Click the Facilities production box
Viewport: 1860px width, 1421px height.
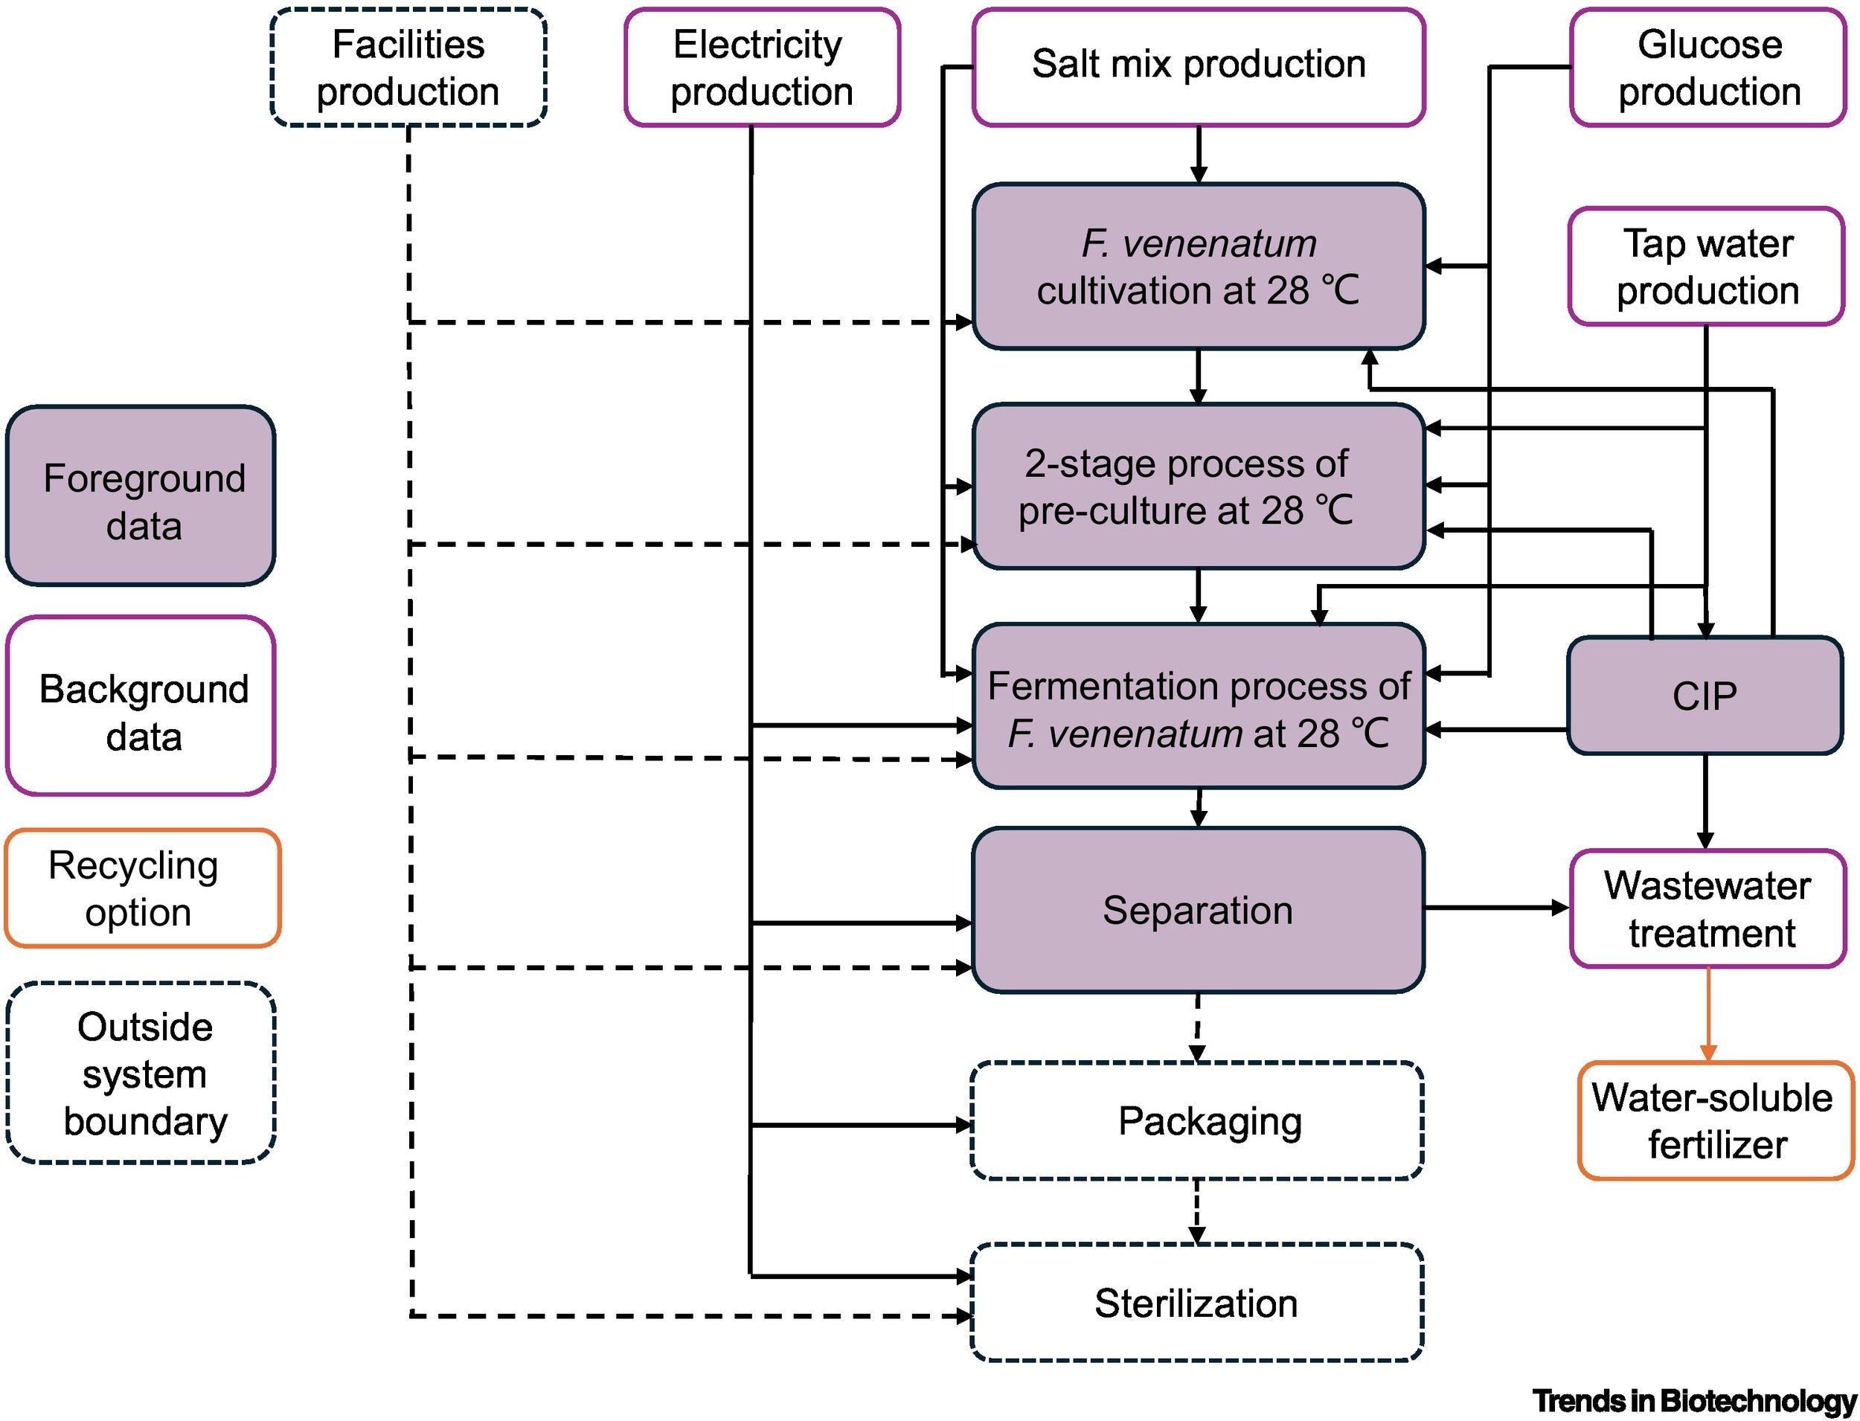tap(408, 68)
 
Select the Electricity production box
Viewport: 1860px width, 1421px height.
tap(761, 68)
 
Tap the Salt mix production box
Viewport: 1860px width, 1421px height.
tap(1198, 66)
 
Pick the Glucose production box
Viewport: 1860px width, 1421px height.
tap(1707, 68)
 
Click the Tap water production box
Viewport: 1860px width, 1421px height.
tap(1706, 266)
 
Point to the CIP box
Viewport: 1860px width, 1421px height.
tap(1705, 696)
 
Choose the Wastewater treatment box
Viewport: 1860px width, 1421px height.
tap(1707, 909)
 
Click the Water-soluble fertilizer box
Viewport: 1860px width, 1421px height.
tap(1714, 1120)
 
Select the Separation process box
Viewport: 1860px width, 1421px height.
tap(1198, 910)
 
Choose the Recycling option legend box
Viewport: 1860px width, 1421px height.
tap(141, 888)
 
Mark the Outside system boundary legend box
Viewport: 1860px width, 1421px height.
tap(141, 1074)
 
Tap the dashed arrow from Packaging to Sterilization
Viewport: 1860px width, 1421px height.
tap(1197, 1211)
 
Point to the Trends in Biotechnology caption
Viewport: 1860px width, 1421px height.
tap(1693, 1401)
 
